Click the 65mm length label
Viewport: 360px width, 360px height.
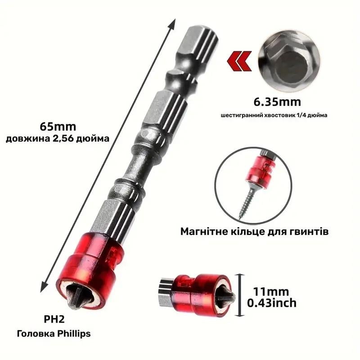(x=58, y=127)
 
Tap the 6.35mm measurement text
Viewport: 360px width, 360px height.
(x=277, y=102)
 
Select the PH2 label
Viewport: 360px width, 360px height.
(x=54, y=319)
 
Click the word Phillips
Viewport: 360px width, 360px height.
(x=74, y=334)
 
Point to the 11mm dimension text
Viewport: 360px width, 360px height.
(x=271, y=292)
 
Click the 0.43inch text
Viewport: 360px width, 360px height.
(x=272, y=303)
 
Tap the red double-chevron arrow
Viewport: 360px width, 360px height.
(x=239, y=61)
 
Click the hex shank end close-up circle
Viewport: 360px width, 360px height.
(x=289, y=61)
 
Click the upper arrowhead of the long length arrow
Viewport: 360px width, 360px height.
(x=173, y=24)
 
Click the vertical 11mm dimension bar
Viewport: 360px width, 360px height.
(x=240, y=295)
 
